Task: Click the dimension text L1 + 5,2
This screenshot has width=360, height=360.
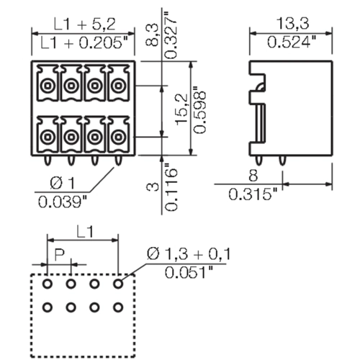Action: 84,24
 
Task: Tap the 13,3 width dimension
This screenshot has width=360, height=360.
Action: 293,24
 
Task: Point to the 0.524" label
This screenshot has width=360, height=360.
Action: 292,42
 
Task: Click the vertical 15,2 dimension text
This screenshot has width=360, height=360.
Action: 181,109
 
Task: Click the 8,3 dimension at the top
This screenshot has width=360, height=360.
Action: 152,35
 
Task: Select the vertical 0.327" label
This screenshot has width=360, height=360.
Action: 171,35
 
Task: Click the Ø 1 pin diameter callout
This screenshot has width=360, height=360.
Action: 63,184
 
